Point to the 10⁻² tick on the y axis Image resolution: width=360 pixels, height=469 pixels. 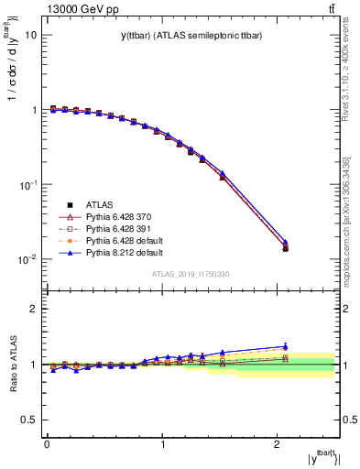(x=29, y=259)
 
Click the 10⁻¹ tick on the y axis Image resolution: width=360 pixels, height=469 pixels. (x=29, y=184)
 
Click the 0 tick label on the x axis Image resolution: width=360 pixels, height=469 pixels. (x=47, y=445)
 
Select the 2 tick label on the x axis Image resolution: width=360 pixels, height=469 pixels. (x=278, y=445)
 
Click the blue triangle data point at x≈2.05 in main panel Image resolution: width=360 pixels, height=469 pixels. (x=286, y=243)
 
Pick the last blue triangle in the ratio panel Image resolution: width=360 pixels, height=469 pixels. (x=286, y=347)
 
